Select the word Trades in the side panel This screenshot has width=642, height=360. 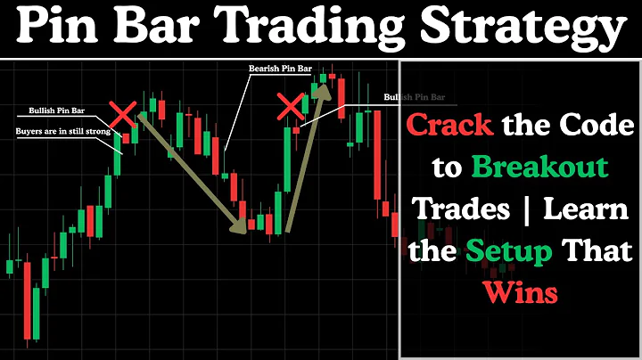coord(454,209)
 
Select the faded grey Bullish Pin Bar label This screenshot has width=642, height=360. coord(414,96)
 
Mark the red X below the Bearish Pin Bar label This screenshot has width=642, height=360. coord(291,108)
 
